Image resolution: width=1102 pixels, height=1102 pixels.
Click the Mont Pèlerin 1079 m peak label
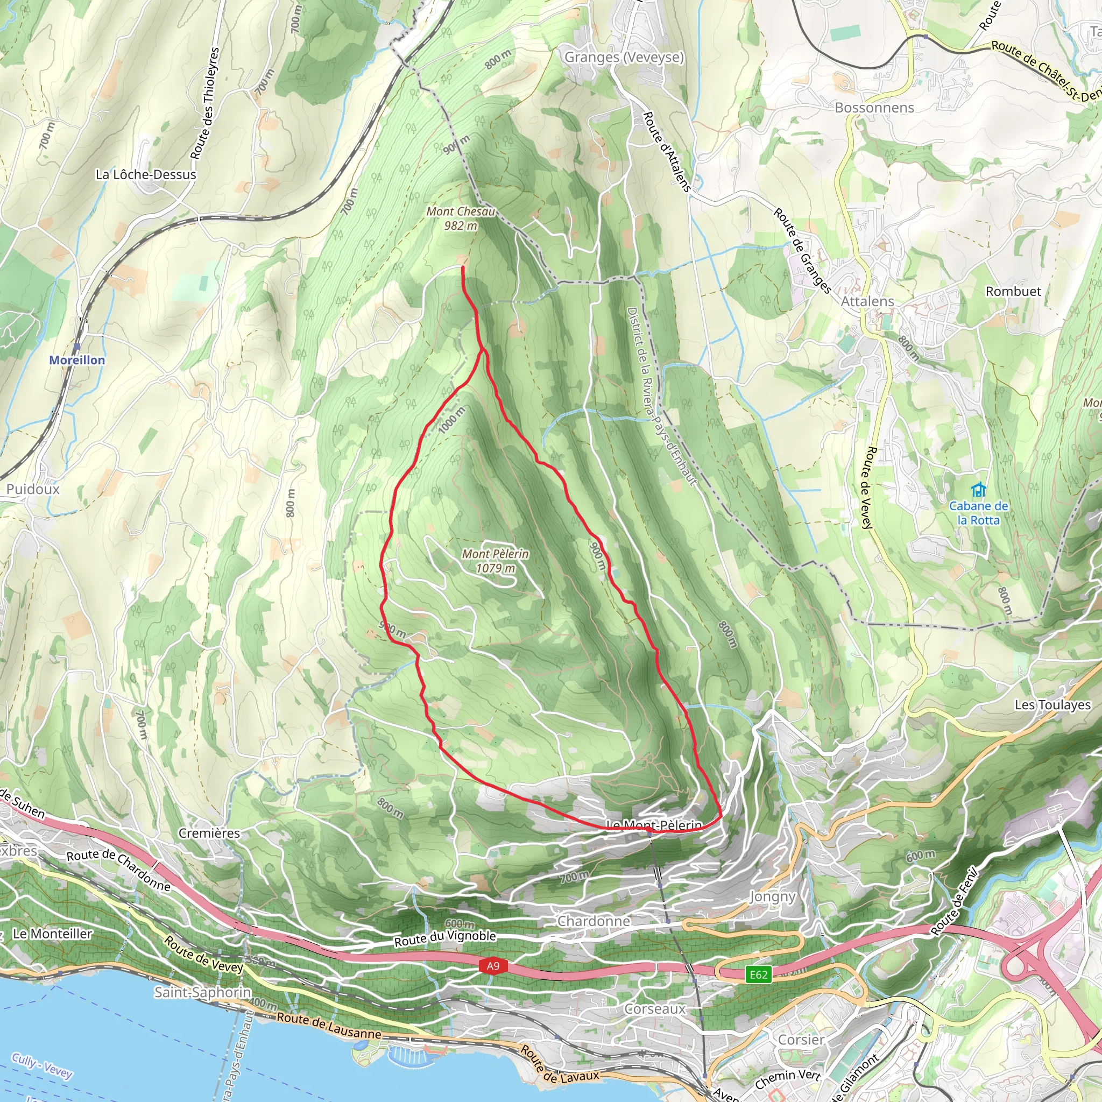[495, 561]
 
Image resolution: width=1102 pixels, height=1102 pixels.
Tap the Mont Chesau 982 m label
[461, 218]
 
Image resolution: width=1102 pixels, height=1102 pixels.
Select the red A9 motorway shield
[492, 966]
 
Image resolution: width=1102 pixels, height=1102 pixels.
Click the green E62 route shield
[758, 974]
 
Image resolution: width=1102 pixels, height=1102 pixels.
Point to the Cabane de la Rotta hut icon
[978, 490]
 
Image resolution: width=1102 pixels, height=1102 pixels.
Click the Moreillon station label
[77, 360]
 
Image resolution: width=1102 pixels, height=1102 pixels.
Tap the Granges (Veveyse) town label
[624, 57]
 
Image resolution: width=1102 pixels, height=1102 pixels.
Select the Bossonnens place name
[874, 108]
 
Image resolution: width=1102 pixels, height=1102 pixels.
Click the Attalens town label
[867, 301]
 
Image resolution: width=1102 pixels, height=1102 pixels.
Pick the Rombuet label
[1013, 292]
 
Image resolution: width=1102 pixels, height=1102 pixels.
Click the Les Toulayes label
[1052, 704]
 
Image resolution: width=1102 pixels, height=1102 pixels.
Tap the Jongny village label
[772, 896]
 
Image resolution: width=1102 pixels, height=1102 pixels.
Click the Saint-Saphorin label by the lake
[202, 992]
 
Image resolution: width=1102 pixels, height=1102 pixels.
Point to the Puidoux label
[32, 489]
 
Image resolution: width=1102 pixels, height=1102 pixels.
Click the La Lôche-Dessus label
[145, 174]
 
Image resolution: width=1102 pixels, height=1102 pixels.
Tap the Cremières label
[209, 833]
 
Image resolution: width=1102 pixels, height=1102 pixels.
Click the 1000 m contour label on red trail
[452, 420]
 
